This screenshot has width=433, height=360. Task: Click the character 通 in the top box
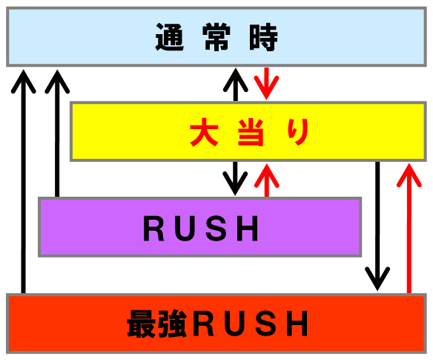click(x=170, y=37)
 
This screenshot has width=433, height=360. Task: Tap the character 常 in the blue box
click(x=216, y=37)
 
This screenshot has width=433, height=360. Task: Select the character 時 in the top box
click(x=263, y=37)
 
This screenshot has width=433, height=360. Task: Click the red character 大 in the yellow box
click(x=204, y=132)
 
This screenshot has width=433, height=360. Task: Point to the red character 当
click(x=251, y=132)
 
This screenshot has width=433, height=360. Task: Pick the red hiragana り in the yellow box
click(x=298, y=132)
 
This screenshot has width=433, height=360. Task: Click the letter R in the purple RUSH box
click(x=153, y=229)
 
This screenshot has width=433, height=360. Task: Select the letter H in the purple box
click(x=248, y=229)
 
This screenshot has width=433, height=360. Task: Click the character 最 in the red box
click(x=141, y=324)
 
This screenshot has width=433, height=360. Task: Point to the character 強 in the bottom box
click(x=173, y=324)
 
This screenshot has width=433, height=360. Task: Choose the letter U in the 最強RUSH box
click(x=235, y=324)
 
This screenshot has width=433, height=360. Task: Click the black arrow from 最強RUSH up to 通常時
click(x=24, y=181)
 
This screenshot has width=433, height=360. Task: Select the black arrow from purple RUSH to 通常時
click(x=57, y=134)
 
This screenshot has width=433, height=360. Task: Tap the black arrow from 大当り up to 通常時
click(x=236, y=85)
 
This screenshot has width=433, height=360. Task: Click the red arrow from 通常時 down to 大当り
click(x=266, y=83)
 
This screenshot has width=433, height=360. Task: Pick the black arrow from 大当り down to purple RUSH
click(x=235, y=178)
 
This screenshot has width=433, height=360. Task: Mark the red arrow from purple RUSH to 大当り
click(x=267, y=180)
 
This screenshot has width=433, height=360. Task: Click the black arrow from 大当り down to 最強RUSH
click(x=377, y=226)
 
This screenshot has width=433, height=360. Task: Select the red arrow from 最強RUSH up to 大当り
click(x=409, y=228)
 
